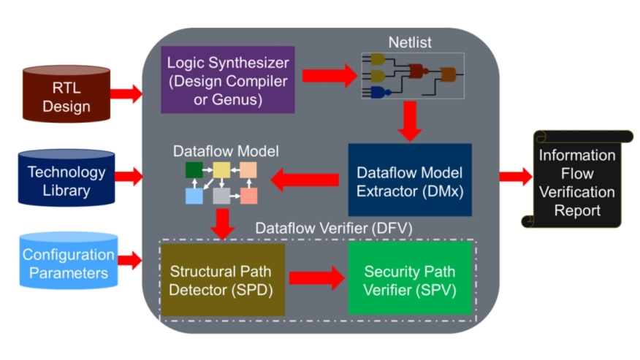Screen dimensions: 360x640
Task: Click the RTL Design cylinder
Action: [x=66, y=96]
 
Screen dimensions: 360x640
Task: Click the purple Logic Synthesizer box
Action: [x=228, y=80]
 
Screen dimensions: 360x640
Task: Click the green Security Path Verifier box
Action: [x=410, y=280]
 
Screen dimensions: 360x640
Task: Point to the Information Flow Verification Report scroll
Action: [x=577, y=183]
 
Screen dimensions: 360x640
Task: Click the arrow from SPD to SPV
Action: [x=316, y=278]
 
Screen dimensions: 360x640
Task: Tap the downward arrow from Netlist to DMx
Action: [x=410, y=121]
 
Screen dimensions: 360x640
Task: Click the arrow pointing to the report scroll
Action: [x=516, y=176]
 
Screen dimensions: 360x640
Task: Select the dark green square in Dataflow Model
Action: [x=194, y=169]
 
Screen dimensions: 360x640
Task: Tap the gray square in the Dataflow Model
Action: [x=221, y=195]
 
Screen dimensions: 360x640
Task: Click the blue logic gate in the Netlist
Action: [x=379, y=92]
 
